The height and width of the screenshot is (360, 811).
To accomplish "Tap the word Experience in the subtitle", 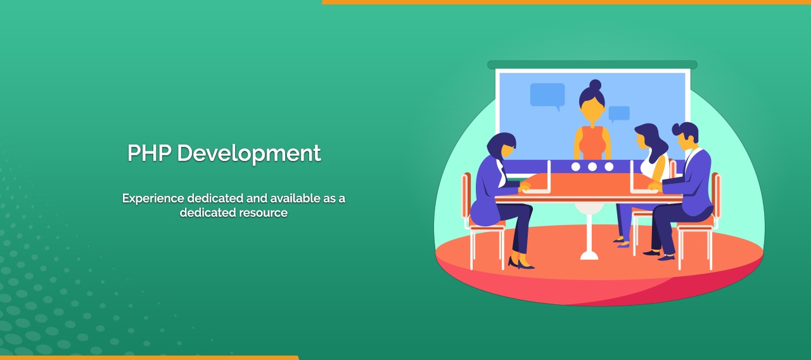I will tap(153, 198).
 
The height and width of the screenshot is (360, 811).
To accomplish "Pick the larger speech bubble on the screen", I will tap(547, 94).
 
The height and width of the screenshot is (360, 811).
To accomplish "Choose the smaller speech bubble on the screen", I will tap(619, 113).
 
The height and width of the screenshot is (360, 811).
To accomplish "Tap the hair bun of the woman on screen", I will tap(595, 84).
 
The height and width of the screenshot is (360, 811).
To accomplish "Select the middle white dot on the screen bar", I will tap(592, 167).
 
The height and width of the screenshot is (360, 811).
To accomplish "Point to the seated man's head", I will tap(686, 135).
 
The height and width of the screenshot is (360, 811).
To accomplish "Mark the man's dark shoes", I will tap(659, 255).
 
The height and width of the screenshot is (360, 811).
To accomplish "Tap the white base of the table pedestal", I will tap(589, 255).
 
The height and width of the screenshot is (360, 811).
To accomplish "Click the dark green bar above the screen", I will tap(592, 65).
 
